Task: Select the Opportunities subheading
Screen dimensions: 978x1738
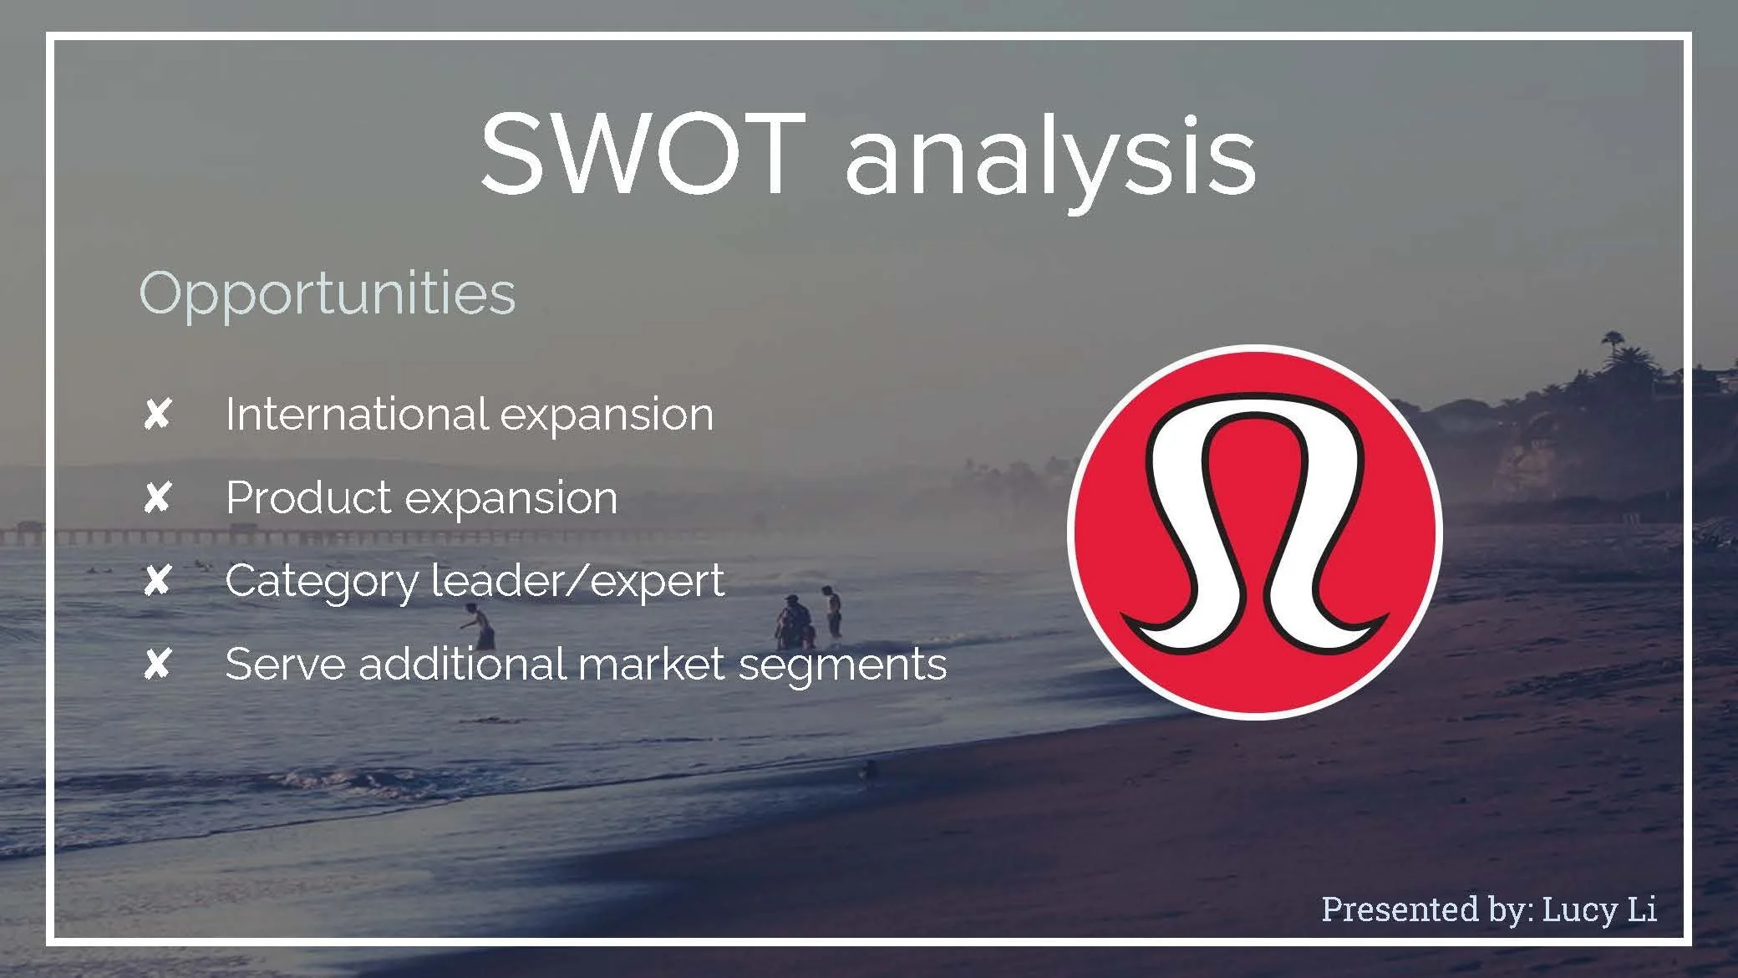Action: click(327, 295)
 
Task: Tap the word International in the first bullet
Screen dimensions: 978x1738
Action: click(357, 414)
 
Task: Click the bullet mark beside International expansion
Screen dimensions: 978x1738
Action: click(157, 414)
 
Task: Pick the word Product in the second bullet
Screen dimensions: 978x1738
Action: click(308, 498)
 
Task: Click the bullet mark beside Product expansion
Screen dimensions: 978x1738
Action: click(157, 498)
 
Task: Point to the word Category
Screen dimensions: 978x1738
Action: click(322, 582)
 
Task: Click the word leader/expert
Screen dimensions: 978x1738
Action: click(577, 580)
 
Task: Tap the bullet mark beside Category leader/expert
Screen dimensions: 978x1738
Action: click(157, 581)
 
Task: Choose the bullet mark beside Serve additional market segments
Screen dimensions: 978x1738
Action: click(157, 665)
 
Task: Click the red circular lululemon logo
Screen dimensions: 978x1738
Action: click(1254, 532)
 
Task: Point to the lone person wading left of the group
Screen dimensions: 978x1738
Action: click(480, 628)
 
